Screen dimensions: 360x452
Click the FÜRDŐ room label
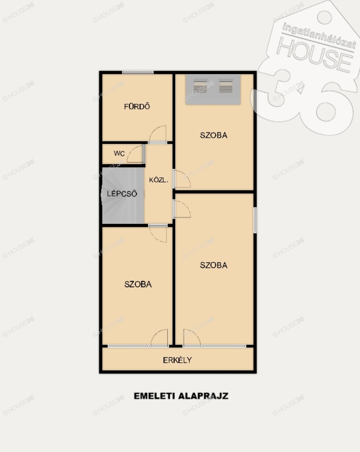[137, 106]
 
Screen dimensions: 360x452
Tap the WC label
[119, 153]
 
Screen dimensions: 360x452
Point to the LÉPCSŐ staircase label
[122, 193]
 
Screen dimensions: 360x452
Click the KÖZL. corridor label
[158, 180]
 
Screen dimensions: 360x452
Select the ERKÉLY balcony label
[177, 360]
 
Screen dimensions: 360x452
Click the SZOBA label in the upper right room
[214, 135]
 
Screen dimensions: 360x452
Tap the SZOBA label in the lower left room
[138, 284]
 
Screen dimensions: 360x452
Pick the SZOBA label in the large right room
[214, 265]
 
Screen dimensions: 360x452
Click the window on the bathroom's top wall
[138, 72]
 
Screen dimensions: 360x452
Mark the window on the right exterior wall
[255, 220]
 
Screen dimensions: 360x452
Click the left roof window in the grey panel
[200, 86]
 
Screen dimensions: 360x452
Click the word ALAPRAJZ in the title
[203, 396]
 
